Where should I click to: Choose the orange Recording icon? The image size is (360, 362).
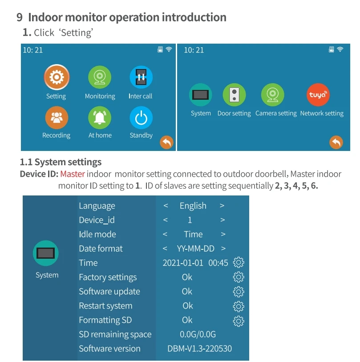point(56,118)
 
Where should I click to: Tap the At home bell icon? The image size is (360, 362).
point(100,118)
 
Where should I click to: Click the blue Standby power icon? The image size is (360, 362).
point(141,118)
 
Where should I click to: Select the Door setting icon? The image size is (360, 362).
point(234,95)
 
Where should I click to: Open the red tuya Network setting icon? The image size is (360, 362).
point(319,95)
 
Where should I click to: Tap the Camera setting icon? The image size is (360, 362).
point(272,95)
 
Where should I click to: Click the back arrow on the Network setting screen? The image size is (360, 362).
point(336,142)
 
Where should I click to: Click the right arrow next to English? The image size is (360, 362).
point(222,206)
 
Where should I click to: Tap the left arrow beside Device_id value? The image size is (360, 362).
point(166,220)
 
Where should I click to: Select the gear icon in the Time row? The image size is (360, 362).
point(239,263)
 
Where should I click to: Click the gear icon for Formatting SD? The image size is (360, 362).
point(239,320)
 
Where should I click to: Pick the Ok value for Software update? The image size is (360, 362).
point(187,292)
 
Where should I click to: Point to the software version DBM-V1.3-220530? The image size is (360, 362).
point(199,349)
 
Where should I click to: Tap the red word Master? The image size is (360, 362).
point(73,174)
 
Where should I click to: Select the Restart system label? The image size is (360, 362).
point(105,306)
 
